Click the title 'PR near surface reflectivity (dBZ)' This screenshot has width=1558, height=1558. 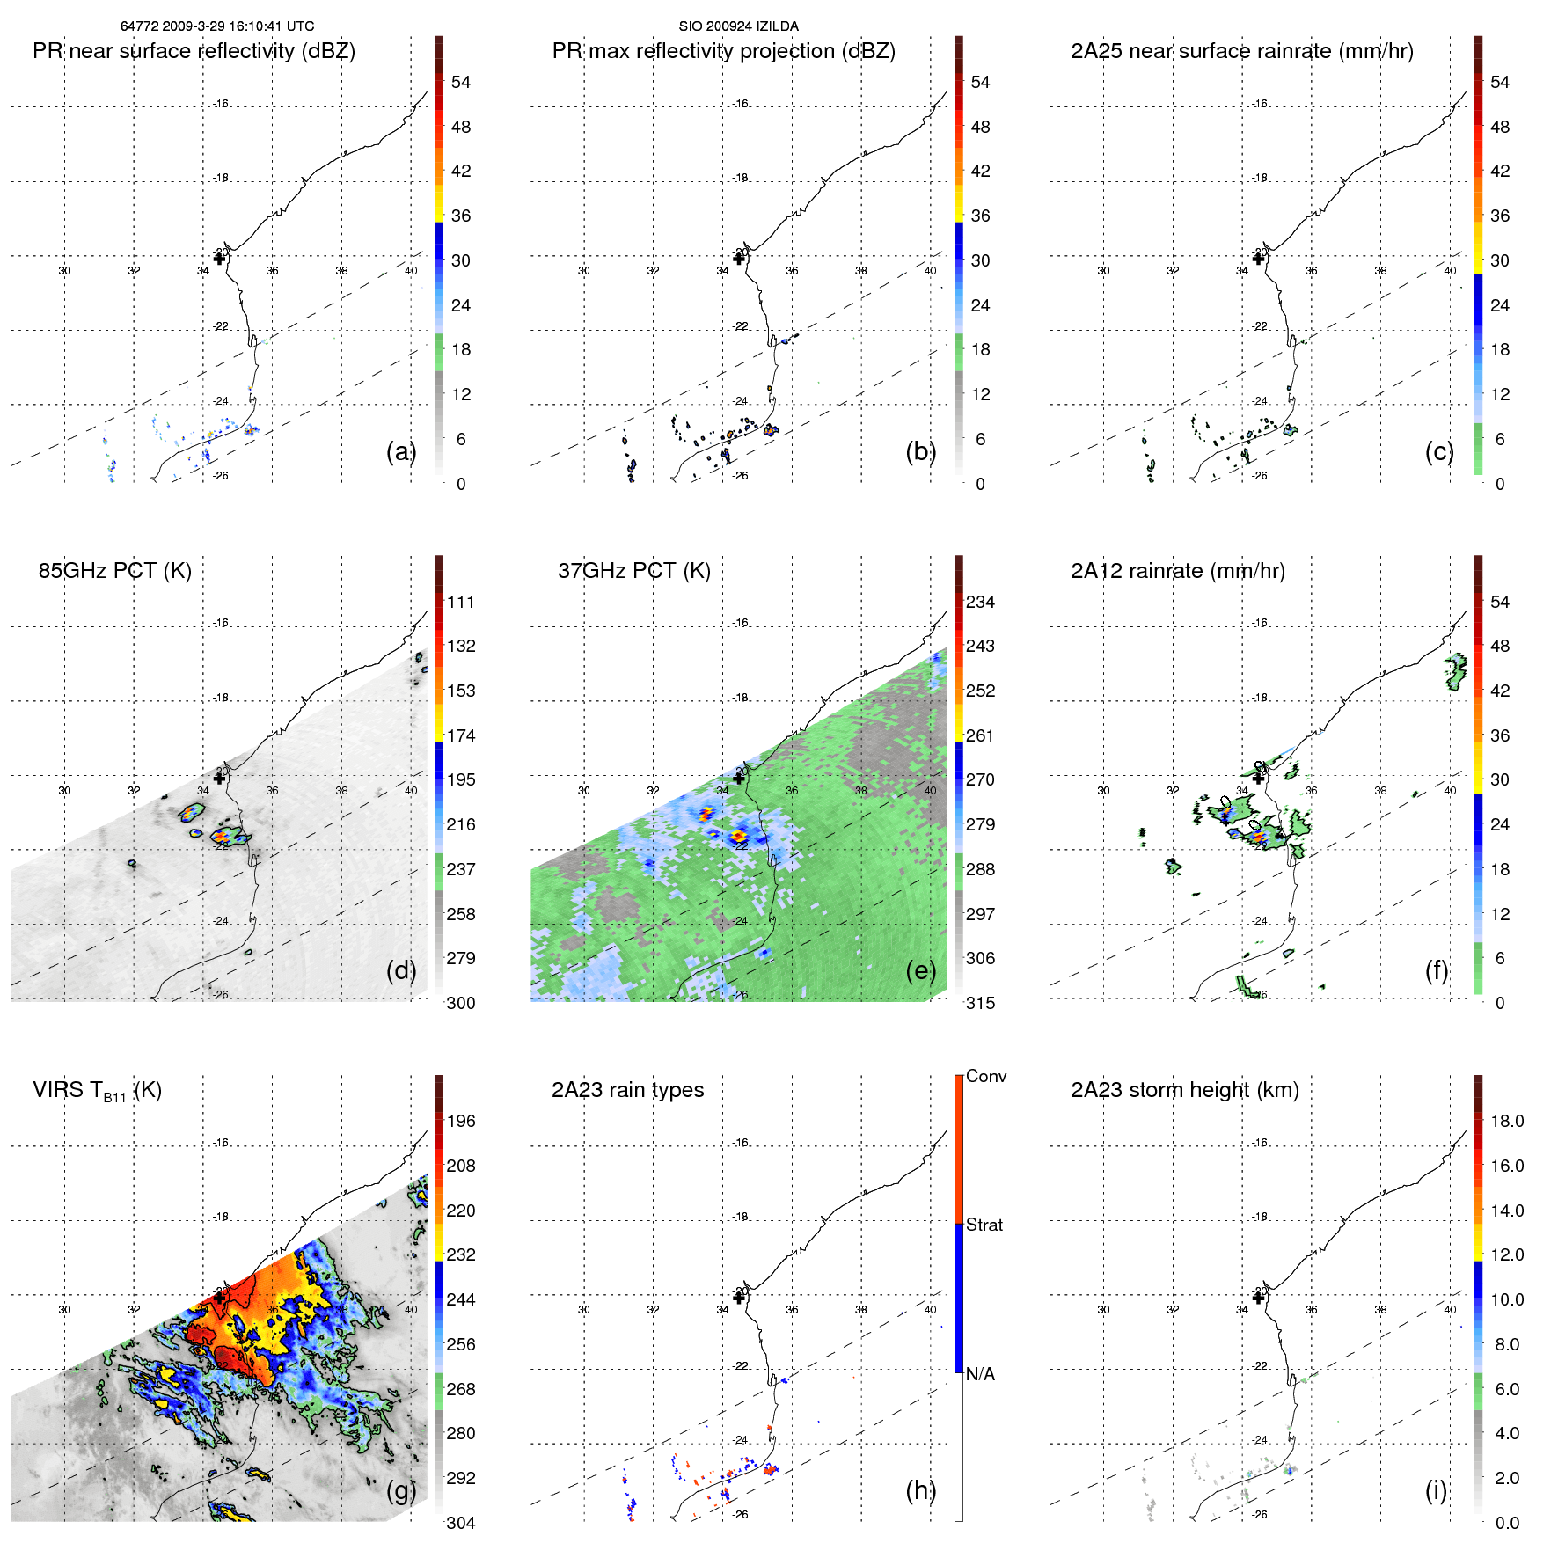[194, 51]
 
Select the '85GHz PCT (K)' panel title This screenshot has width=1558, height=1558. [114, 570]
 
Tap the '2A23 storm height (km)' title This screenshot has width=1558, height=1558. [1184, 1090]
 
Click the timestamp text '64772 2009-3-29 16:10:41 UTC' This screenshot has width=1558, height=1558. [217, 26]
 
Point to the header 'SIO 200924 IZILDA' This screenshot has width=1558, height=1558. [738, 26]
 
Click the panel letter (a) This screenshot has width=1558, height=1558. [400, 451]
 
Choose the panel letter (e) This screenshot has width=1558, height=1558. [920, 970]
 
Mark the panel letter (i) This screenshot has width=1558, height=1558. [1436, 1490]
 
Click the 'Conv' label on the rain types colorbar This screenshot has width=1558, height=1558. [985, 1076]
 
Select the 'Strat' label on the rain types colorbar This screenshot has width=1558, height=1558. [984, 1225]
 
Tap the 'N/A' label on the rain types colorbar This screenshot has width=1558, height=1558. [979, 1374]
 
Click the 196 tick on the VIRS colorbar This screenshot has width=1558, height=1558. [460, 1121]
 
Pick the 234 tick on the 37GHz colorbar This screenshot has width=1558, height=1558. [980, 602]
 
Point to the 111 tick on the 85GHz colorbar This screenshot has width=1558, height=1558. [460, 602]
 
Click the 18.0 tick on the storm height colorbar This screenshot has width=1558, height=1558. [1506, 1121]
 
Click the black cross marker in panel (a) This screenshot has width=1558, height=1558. [219, 259]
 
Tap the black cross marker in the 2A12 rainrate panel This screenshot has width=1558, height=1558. [1258, 778]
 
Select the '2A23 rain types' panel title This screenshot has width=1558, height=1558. [627, 1090]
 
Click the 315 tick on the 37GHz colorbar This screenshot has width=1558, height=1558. [980, 1003]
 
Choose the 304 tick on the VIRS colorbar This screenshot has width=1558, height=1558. [460, 1523]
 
